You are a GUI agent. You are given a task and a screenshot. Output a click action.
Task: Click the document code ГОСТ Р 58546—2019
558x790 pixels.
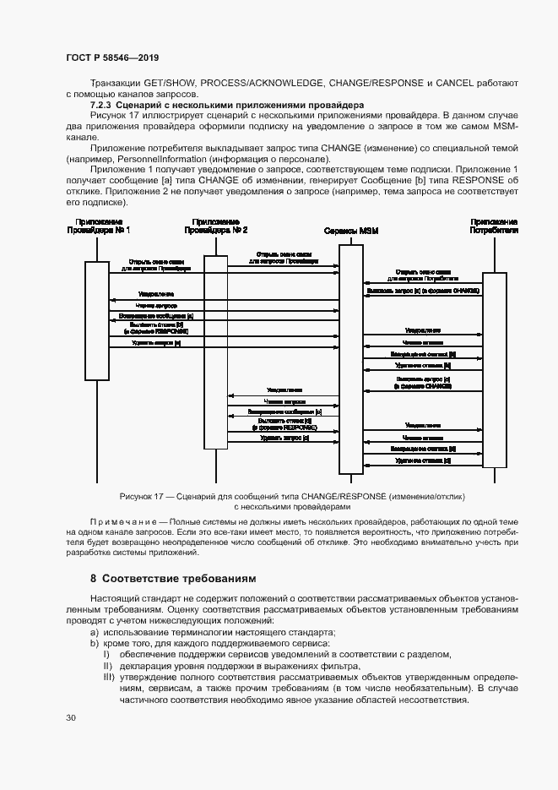(112, 57)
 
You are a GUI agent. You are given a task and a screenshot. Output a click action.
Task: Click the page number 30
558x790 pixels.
(70, 718)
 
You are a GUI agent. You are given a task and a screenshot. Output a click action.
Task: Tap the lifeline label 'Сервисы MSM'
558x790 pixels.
(351, 230)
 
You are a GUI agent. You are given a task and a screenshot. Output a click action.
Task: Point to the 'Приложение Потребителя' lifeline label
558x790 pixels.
(495, 225)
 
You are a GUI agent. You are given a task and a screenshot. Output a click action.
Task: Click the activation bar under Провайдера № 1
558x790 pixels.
(97, 320)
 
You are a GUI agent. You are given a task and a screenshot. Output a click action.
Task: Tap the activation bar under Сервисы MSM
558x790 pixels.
(351, 358)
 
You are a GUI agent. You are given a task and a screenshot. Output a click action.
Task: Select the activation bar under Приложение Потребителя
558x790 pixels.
(495, 370)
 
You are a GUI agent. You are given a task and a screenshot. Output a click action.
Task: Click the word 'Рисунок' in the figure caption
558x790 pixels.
(137, 496)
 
